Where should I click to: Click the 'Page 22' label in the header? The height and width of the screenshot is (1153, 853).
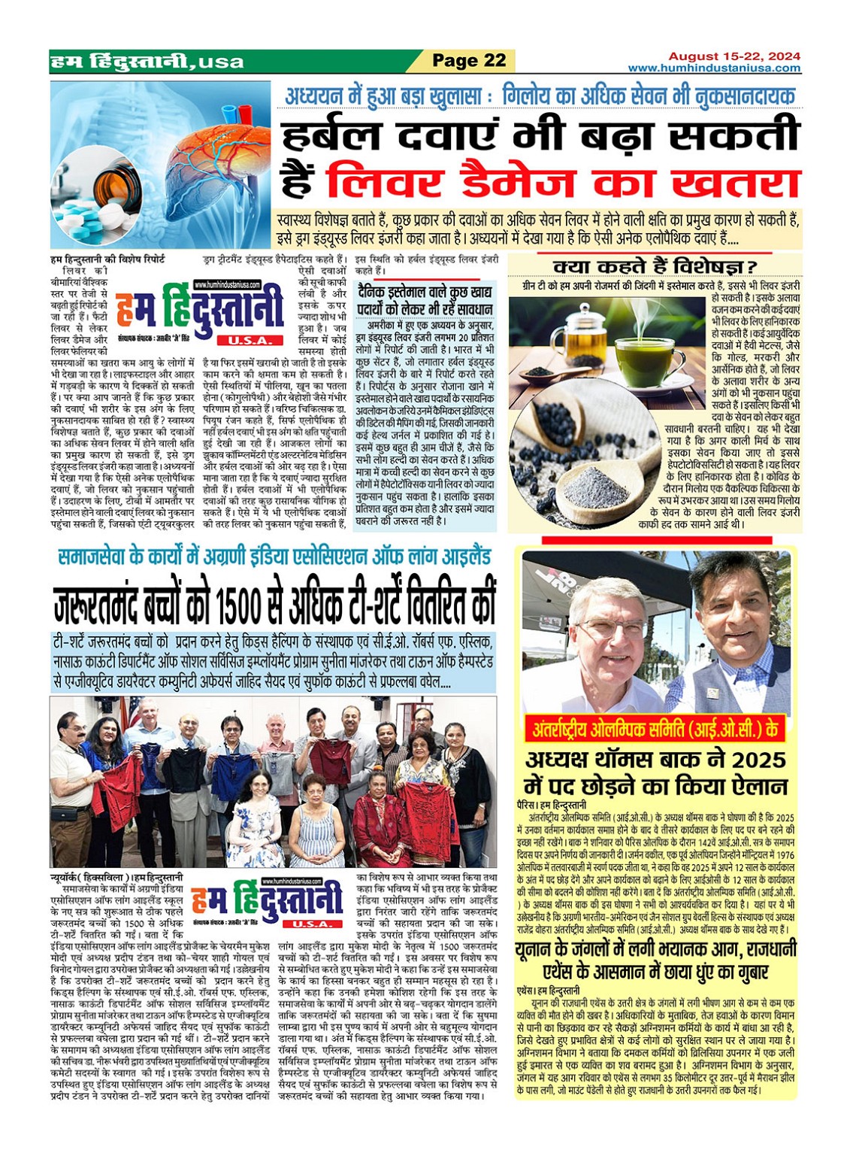tap(469, 61)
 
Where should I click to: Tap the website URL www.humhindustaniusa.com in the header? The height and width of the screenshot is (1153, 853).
tap(714, 68)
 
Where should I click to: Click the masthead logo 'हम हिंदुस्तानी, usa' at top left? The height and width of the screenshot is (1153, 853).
tap(147, 62)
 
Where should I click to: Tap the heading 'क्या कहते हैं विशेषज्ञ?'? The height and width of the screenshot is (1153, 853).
tap(655, 266)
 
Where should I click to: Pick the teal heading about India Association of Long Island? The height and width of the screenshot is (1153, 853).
tap(274, 557)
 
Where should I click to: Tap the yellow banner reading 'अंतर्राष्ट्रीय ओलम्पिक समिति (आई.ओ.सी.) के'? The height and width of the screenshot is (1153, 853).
tap(655, 729)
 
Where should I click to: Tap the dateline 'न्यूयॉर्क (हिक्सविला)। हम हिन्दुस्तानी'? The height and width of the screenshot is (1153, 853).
tap(116, 877)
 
